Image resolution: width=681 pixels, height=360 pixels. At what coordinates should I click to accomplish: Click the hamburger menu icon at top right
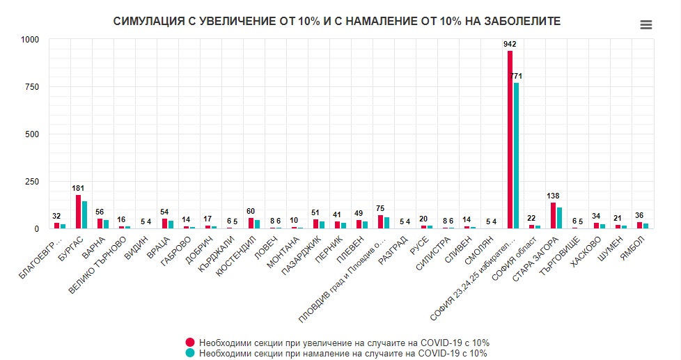(x=645, y=25)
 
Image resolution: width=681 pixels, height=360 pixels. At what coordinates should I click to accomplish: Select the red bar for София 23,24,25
(x=510, y=139)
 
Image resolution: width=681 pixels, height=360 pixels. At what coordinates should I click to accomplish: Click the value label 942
(x=510, y=44)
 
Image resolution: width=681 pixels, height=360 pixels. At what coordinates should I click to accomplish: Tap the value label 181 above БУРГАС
(x=78, y=188)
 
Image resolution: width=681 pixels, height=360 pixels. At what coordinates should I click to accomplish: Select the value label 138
(x=553, y=196)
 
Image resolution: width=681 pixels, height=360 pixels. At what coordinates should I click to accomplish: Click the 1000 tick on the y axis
(x=29, y=40)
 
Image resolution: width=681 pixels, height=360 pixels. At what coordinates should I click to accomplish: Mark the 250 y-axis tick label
(x=31, y=182)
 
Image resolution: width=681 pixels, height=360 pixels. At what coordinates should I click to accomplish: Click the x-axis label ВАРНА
(x=95, y=246)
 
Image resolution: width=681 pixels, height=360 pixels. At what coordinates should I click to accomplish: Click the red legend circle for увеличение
(x=189, y=343)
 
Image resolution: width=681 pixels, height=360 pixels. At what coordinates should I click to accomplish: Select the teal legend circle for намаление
(x=189, y=353)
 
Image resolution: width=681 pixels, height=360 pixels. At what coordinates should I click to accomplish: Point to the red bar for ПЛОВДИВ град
(x=380, y=221)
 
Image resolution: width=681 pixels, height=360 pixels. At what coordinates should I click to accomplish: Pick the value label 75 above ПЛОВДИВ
(x=380, y=208)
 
